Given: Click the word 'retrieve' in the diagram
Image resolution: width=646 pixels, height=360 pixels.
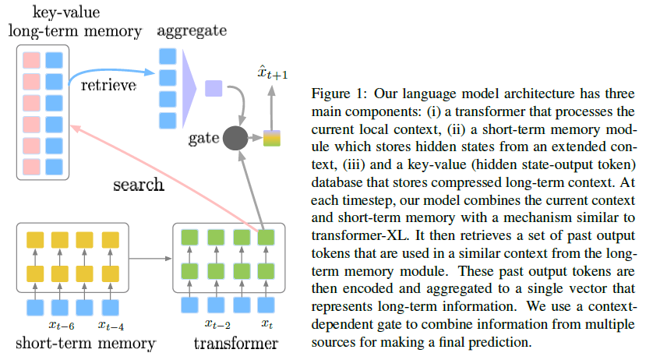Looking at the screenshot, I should coord(108,84).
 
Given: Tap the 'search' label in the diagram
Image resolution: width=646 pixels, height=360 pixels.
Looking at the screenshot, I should coord(138,185).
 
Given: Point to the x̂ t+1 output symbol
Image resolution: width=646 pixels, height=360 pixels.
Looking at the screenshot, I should coord(273,74).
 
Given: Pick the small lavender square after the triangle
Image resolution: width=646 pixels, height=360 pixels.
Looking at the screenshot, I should coord(214,88).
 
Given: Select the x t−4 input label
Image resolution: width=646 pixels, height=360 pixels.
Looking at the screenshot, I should coord(111,323).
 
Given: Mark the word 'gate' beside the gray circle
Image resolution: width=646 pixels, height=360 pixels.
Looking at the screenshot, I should coord(202,139).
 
